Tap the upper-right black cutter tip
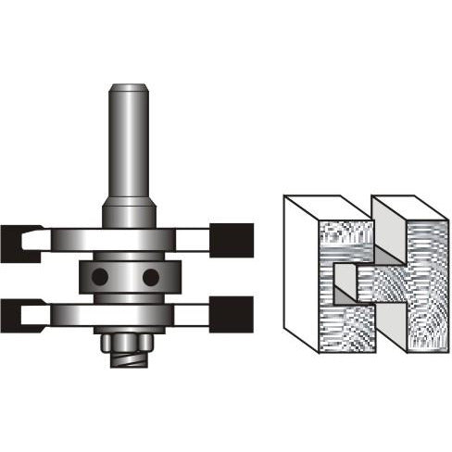(x=232, y=240)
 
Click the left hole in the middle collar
(x=99, y=276)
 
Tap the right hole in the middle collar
(x=151, y=276)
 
